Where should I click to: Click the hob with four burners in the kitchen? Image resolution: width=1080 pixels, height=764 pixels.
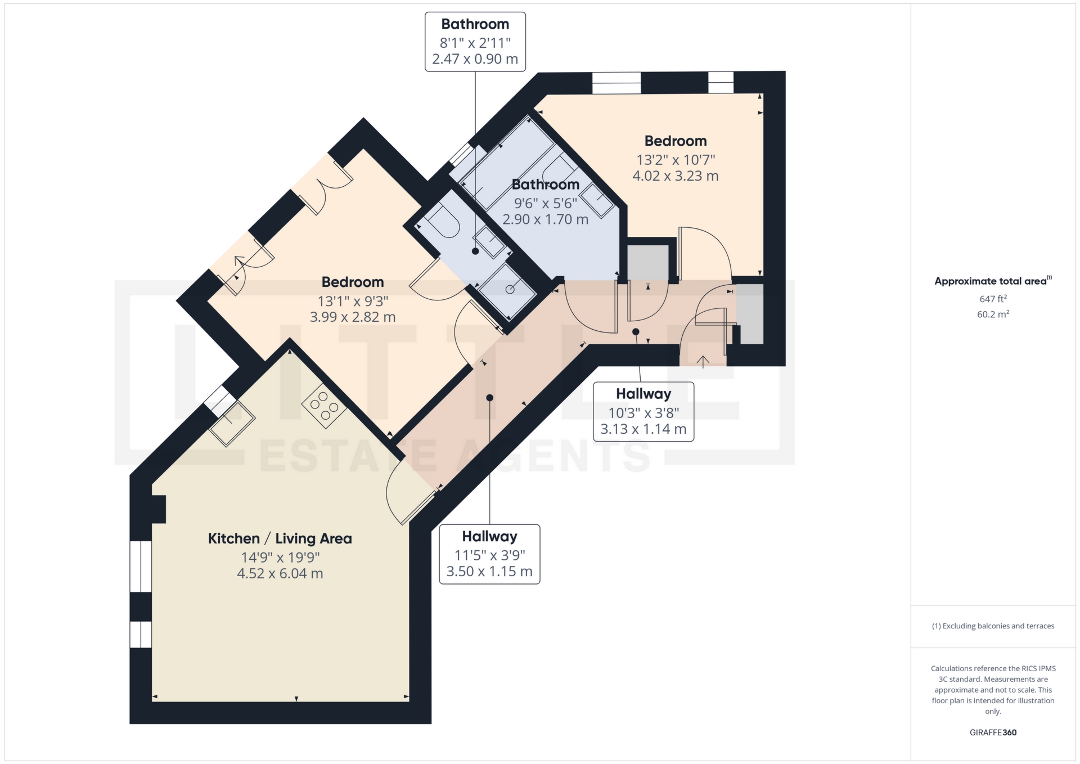[324, 406]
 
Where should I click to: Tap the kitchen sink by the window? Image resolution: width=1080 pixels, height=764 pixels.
[232, 423]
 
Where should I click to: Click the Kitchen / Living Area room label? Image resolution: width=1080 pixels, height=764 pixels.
[280, 538]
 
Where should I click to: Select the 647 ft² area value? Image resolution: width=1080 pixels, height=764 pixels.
[993, 299]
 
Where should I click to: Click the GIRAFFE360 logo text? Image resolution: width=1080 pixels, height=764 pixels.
[993, 732]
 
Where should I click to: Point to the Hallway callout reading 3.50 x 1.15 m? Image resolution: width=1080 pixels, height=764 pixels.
[489, 572]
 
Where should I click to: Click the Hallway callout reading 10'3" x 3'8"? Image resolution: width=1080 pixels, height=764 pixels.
[643, 412]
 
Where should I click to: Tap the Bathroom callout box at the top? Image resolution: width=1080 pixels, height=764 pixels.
[475, 42]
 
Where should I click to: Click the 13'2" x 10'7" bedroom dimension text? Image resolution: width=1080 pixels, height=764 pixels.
[676, 160]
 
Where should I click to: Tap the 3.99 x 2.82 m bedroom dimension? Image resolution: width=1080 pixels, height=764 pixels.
[353, 317]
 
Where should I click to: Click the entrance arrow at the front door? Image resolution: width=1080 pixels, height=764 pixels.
[703, 361]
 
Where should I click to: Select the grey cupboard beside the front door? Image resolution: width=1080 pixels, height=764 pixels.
[750, 314]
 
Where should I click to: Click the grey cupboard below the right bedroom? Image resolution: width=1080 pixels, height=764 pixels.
[648, 262]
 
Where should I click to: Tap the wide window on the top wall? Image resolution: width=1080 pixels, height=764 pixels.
[616, 83]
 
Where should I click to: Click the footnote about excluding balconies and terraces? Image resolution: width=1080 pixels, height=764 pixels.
[993, 626]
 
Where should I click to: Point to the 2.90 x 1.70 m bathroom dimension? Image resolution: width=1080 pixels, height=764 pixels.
[545, 219]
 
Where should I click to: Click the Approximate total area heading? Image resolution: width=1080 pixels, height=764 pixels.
[993, 281]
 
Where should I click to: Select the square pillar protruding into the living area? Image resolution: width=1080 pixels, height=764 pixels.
[158, 509]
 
